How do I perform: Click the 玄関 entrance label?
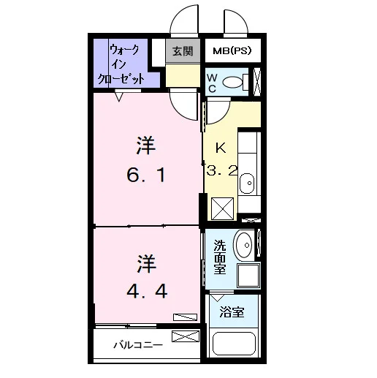(183, 51)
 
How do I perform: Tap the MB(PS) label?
(232, 50)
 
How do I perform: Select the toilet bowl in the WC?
(233, 82)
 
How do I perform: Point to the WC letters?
(212, 83)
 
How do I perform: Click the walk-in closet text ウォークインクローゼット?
(121, 64)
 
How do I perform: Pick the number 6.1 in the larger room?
(146, 175)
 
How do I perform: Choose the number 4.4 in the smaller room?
(147, 291)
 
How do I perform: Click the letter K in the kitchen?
(221, 148)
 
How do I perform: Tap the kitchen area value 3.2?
(221, 170)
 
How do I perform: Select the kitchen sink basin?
(247, 183)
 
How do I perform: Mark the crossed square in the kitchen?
(222, 208)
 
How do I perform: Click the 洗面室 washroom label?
(220, 257)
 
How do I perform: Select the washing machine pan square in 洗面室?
(248, 276)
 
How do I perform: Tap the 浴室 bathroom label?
(232, 311)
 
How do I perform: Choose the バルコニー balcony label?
(138, 345)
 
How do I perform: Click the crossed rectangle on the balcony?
(186, 336)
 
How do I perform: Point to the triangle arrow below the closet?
(119, 96)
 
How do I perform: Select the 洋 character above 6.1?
(146, 145)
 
